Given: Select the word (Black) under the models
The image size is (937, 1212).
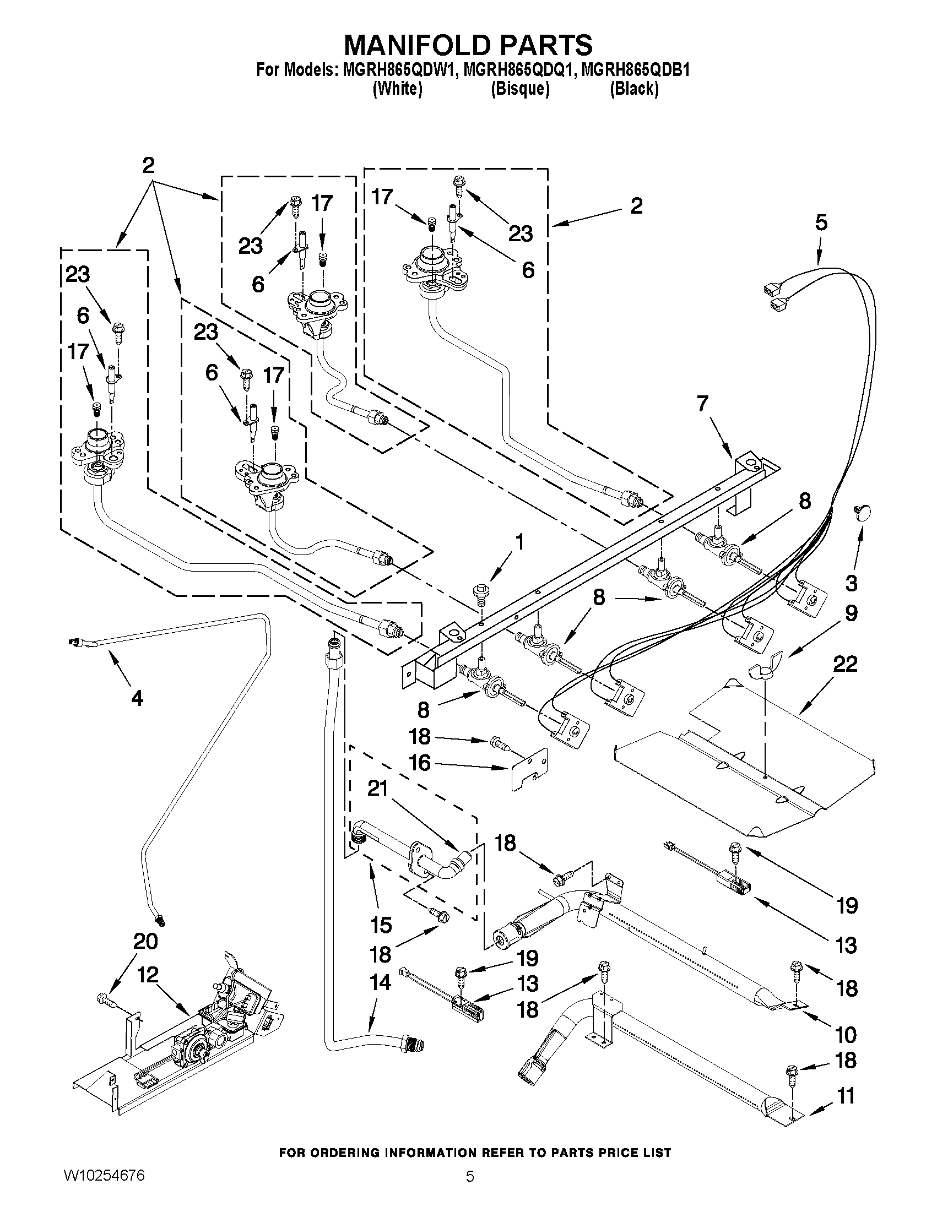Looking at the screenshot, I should tap(634, 89).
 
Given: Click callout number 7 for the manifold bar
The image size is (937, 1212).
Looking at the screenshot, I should tap(702, 404).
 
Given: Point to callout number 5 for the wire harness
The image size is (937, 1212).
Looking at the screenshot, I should tap(821, 222).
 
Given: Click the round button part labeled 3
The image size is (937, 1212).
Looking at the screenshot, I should tap(861, 512).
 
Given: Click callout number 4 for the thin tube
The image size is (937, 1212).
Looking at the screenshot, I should tap(137, 698).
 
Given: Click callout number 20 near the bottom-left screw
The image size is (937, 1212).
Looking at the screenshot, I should tap(145, 941).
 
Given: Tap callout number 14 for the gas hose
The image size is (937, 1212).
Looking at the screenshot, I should tap(380, 982).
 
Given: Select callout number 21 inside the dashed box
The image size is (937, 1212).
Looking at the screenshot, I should tap(378, 788).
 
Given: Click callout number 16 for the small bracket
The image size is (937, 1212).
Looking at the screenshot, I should tap(420, 763).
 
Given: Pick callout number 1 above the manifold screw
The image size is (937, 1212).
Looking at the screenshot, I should tap(519, 542).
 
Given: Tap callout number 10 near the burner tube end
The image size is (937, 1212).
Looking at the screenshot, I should tap(846, 1035).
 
